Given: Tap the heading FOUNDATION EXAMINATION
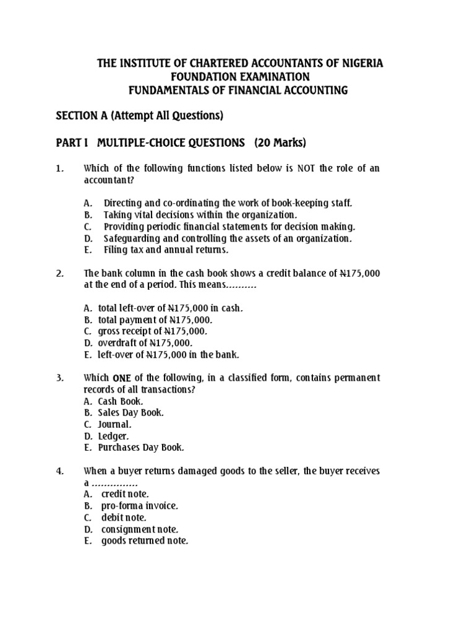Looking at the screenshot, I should pos(238,77).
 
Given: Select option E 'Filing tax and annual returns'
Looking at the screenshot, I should pos(166,250).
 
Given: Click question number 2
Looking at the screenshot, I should pos(60,273).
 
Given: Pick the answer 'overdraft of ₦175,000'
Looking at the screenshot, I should pos(145,343).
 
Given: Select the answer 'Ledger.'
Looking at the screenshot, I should pos(112,436).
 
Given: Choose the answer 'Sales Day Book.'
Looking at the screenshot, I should pos(131,412).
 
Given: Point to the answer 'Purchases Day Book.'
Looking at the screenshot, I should pos(141,448).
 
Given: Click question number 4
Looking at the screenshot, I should pos(60,471).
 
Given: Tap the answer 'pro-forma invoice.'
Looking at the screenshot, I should pos(140,506).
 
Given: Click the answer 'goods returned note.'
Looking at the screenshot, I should pos(145,541).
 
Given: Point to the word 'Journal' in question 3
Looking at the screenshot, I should pos(114,424).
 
